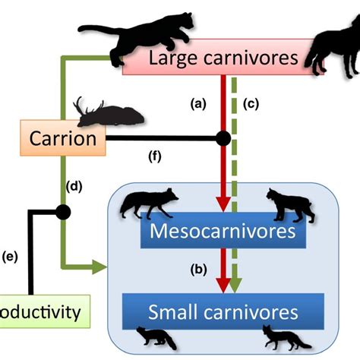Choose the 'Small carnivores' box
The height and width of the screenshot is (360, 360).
click(x=223, y=311)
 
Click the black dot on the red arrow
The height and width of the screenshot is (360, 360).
click(x=223, y=139)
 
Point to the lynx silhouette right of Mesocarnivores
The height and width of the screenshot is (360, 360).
click(x=289, y=204)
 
